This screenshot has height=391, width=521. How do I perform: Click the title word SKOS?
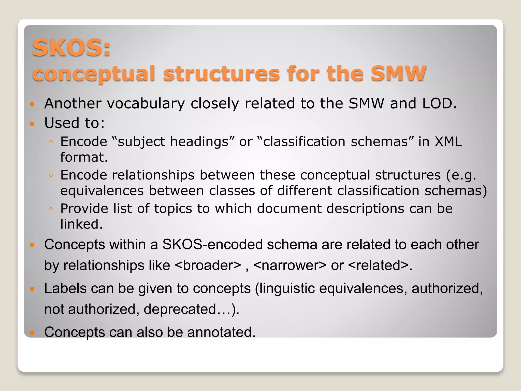[71, 48]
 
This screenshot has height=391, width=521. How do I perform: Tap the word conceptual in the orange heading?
[94, 74]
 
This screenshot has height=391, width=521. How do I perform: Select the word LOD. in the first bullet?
[439, 103]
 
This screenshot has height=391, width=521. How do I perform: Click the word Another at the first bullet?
[73, 103]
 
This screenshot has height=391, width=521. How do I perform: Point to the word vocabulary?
[146, 104]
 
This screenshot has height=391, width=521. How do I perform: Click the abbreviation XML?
[448, 142]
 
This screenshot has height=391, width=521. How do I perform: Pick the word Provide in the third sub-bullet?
[84, 208]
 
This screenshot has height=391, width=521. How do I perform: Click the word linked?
[81, 224]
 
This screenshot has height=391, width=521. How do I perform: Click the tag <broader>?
[208, 266]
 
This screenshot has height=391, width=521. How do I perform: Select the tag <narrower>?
[290, 266]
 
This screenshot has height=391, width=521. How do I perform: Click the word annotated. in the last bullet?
[221, 332]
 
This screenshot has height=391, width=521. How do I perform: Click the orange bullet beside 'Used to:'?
[32, 124]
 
